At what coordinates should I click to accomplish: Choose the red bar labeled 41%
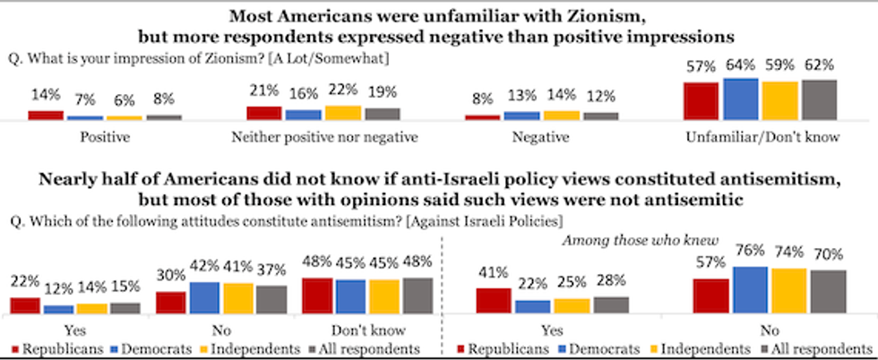tap(494, 300)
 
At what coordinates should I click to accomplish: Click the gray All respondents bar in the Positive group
tap(164, 116)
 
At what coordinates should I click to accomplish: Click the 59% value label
tap(779, 64)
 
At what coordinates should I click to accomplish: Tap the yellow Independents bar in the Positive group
tap(125, 117)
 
